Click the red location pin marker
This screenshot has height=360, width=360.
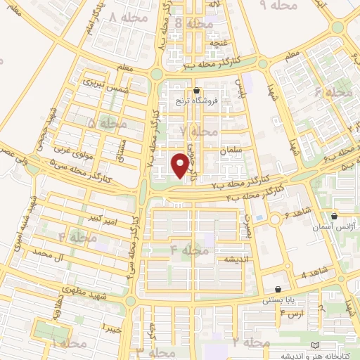pos(181,165)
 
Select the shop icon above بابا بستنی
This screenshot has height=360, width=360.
pos(278,288)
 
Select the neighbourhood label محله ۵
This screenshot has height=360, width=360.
pos(103,123)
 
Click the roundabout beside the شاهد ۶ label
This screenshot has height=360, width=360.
pos(275,219)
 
